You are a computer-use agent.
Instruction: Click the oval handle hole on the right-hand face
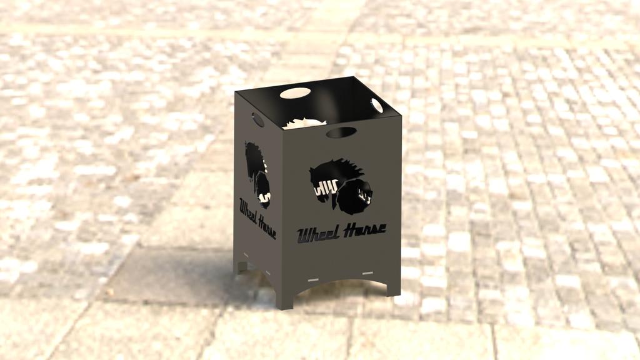(x=341, y=132)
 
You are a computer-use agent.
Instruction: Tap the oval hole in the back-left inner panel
(x=296, y=93)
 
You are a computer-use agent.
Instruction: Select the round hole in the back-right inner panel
(x=377, y=106)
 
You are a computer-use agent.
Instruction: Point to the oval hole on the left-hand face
(x=257, y=119)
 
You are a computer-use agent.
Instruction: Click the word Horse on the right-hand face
(x=365, y=229)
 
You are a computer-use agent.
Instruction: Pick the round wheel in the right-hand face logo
(x=354, y=194)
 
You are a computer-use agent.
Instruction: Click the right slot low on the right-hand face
(x=367, y=272)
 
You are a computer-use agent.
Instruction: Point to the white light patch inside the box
(x=304, y=123)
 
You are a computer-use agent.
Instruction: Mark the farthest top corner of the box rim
(x=354, y=77)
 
